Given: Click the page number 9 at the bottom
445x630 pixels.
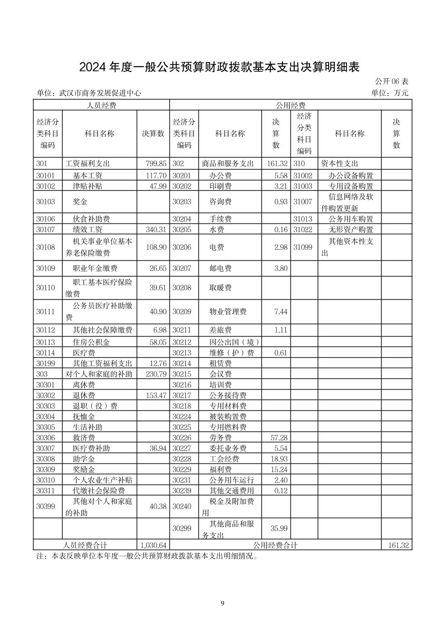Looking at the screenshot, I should click(x=222, y=603).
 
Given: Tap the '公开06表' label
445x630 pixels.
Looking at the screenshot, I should click(x=392, y=81).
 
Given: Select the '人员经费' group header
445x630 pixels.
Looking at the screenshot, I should click(x=101, y=105).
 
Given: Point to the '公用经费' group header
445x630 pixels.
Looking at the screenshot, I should click(x=290, y=105).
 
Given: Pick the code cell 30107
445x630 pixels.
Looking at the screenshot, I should click(x=46, y=230).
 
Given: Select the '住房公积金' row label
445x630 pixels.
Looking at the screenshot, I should click(x=91, y=342).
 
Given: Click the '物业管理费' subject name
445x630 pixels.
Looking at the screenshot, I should click(x=228, y=311).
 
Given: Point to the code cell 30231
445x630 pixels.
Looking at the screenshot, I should click(x=182, y=480).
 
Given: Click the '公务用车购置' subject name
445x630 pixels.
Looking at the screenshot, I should click(x=351, y=219).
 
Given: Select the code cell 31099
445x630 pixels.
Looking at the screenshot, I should click(x=303, y=247).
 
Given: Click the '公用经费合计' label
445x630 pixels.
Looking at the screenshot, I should click(x=275, y=545).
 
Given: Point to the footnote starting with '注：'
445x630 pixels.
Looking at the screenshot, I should click(x=148, y=556).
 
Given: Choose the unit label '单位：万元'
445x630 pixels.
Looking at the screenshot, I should click(x=389, y=93).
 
